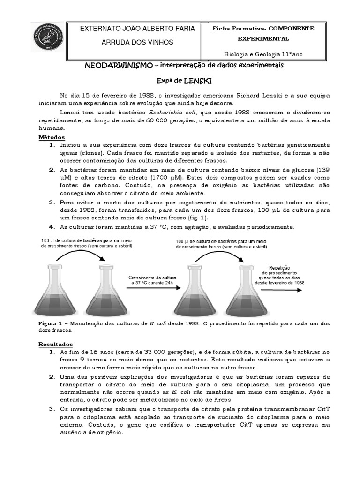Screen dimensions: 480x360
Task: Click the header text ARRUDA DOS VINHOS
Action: [x=137, y=42]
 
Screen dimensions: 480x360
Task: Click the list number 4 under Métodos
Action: [x=52, y=227]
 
